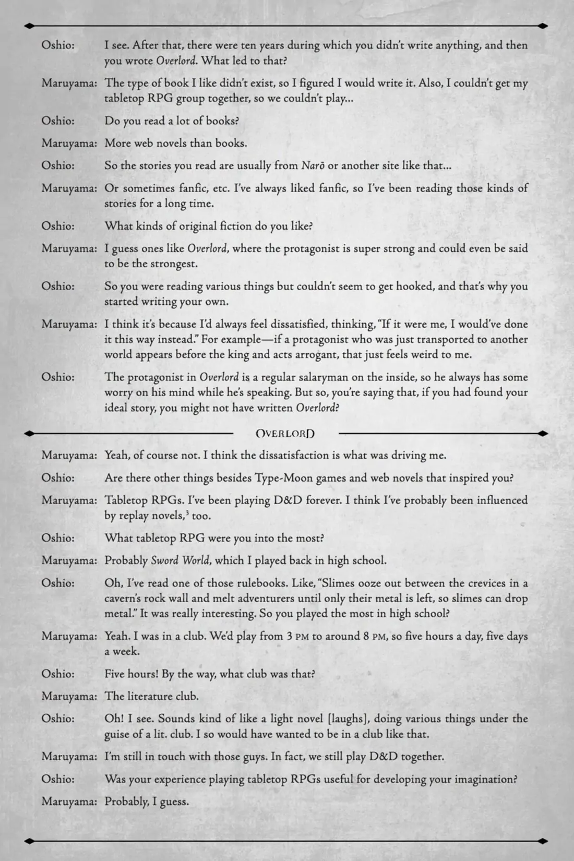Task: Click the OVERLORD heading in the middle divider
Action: [x=285, y=434]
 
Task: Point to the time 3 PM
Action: [x=297, y=637]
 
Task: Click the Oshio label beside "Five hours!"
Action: [x=58, y=674]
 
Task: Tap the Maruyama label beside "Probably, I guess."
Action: [x=69, y=802]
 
